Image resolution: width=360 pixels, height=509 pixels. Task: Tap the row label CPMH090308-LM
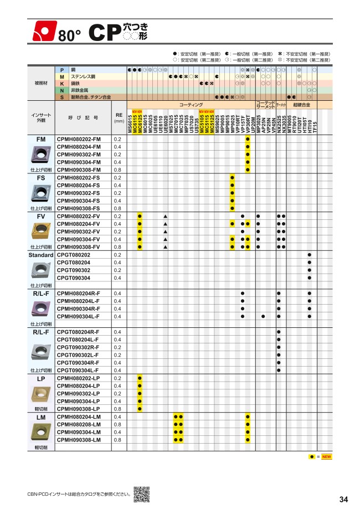click(80, 439)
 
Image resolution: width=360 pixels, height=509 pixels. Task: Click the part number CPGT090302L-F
click(78, 354)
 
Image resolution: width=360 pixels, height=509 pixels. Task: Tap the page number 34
click(343, 499)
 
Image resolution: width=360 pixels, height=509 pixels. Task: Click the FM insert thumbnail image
click(41, 154)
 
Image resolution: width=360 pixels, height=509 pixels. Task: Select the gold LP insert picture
click(41, 394)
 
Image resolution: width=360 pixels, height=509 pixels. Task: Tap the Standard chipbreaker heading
click(41, 255)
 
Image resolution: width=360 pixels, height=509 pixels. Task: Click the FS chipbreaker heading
click(41, 177)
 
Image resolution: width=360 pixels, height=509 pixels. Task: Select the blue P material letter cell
click(62, 70)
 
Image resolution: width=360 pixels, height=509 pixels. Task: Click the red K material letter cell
click(62, 83)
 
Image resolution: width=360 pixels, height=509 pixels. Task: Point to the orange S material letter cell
click(62, 97)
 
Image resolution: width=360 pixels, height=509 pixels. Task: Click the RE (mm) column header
click(119, 117)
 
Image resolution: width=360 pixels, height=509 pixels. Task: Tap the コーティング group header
click(191, 104)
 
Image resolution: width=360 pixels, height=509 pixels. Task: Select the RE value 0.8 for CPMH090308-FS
click(117, 208)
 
